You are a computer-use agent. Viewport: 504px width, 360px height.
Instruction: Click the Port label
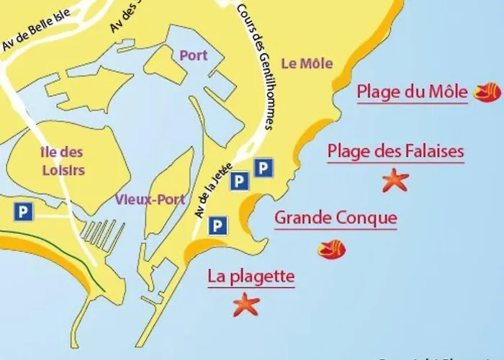coord(194,55)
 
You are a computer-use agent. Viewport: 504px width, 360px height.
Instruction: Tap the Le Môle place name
coord(307,63)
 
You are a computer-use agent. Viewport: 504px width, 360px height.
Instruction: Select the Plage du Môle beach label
coord(413,92)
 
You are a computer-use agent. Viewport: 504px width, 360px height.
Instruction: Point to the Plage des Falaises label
coord(395,151)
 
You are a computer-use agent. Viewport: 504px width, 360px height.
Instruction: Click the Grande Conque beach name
coord(336,217)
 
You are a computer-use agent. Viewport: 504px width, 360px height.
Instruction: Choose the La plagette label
coord(251,276)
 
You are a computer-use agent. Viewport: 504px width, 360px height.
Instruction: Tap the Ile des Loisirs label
coord(61,161)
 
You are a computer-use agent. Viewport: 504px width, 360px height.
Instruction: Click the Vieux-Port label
coord(150,199)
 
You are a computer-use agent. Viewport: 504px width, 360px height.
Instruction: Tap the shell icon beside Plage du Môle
coord(486,92)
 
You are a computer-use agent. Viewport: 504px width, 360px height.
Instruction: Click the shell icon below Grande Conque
coord(331,249)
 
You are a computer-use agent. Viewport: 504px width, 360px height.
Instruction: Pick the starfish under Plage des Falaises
coord(395,179)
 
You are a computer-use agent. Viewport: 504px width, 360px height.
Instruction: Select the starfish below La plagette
coord(246,305)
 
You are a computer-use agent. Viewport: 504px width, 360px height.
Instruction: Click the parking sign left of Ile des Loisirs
coord(23,211)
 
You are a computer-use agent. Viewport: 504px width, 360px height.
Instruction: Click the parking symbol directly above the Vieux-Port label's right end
coord(240,182)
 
